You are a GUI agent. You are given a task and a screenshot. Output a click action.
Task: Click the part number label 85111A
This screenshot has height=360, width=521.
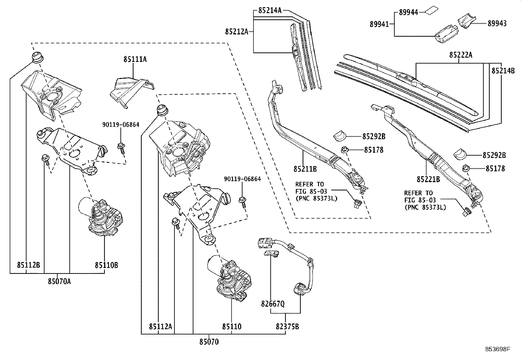[135, 59]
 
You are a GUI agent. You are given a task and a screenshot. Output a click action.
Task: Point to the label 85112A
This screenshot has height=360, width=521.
[160, 326]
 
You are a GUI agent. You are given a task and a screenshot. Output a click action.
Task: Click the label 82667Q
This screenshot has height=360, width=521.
[273, 304]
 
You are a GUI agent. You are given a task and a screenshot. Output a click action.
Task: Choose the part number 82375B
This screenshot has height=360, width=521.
[287, 326]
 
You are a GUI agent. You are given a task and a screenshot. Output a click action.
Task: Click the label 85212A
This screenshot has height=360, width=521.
[236, 31]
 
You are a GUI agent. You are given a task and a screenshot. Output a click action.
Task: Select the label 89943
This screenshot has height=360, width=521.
[497, 23]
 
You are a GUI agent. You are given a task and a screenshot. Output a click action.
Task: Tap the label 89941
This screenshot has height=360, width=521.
[379, 24]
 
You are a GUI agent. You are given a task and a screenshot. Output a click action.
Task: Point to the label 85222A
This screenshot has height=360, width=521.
[460, 55]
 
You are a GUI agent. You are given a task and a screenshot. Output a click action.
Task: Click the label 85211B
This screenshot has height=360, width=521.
[305, 169]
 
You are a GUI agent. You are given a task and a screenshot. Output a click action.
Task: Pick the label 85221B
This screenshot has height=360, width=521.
[428, 179]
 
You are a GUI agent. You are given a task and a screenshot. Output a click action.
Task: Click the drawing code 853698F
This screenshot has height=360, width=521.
[497, 349]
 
